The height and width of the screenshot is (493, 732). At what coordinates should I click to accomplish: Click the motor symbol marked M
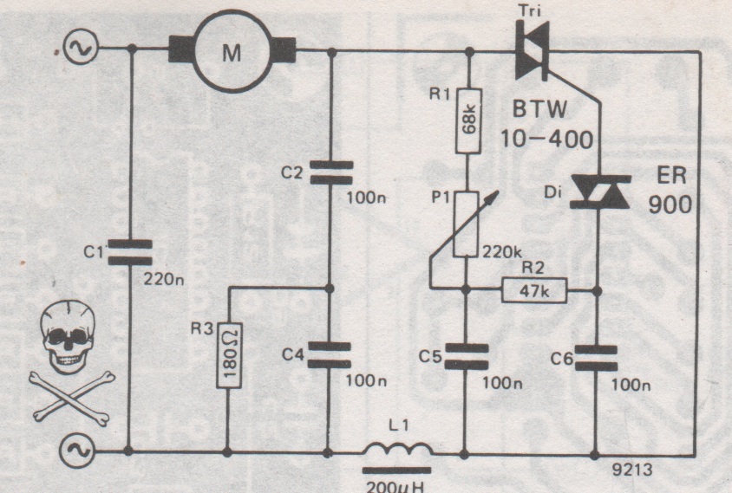232,51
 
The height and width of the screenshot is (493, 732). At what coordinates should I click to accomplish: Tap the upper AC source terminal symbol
81,48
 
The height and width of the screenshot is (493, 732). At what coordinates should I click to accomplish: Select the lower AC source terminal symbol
77,451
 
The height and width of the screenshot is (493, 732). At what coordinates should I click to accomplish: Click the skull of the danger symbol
69,336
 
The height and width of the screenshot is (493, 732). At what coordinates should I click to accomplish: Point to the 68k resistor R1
468,120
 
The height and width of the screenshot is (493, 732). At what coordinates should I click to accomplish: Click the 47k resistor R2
534,290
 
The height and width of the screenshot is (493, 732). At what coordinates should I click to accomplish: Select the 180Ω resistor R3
229,355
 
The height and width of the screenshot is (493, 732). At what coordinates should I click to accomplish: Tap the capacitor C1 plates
130,252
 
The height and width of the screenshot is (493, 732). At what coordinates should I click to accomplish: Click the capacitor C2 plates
331,172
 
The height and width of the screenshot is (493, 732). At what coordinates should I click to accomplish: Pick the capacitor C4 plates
330,355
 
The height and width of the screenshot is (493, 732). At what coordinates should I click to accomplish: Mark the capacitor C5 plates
467,357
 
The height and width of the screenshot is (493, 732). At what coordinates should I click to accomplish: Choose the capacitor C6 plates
596,358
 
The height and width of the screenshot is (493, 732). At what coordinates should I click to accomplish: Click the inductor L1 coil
398,449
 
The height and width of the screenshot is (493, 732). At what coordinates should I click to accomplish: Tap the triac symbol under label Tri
532,50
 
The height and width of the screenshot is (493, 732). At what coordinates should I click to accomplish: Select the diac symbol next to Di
601,191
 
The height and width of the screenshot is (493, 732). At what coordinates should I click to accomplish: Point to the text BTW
540,110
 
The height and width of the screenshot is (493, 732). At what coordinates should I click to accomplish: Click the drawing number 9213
632,470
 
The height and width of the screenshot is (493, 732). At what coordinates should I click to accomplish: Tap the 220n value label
163,279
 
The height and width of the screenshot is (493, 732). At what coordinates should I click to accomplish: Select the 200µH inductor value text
395,486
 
